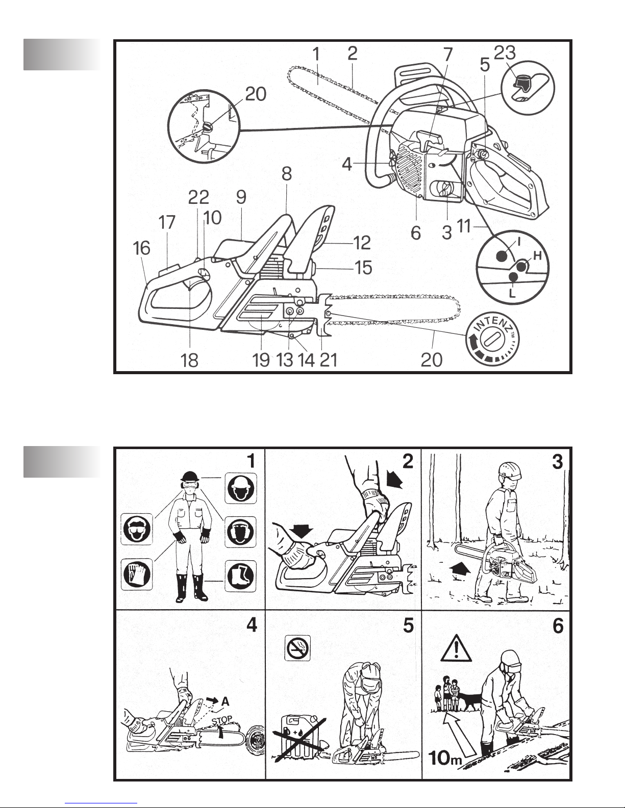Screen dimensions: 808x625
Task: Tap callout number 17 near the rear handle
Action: [167, 223]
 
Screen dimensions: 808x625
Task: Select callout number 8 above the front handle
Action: [287, 174]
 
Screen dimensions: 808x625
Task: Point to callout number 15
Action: [363, 267]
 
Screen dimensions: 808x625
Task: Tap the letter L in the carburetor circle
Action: [512, 294]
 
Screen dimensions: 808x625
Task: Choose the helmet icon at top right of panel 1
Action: [240, 488]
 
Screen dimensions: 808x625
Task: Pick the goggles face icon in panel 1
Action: [137, 529]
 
